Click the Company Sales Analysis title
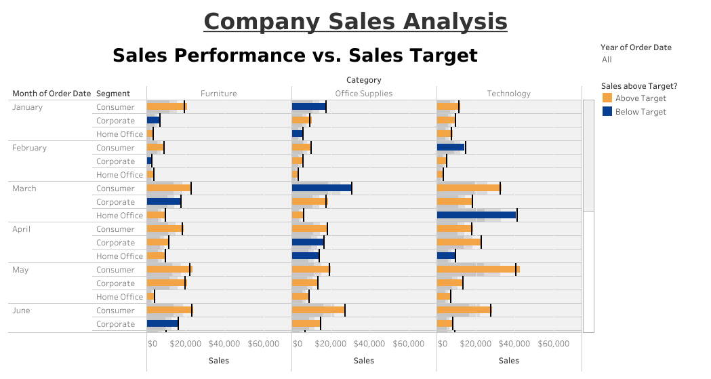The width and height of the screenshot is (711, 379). point(355,21)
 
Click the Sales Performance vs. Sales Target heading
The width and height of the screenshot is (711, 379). point(295,56)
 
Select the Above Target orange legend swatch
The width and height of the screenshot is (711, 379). point(607,98)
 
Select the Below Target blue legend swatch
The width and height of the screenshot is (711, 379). point(607,112)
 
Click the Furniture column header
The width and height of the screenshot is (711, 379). point(218,94)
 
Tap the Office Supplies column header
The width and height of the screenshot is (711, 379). point(363,94)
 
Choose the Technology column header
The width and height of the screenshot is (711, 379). point(508,94)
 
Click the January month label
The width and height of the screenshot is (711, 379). point(27,107)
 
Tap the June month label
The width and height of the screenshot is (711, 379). point(21,311)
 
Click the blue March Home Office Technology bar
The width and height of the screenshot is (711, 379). point(476,216)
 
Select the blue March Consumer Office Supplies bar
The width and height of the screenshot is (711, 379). point(321,188)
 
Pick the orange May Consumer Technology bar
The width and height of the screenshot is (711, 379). point(478,270)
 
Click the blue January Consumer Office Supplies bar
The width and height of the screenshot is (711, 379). point(308,107)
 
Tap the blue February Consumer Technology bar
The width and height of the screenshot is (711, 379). point(451,148)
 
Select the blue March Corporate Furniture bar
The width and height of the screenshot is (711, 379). point(163,202)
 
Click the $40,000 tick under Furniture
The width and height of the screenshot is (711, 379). point(224,344)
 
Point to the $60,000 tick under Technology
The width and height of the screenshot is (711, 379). point(553,344)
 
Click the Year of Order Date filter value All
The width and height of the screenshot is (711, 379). point(607,60)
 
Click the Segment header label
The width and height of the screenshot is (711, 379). point(113,94)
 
